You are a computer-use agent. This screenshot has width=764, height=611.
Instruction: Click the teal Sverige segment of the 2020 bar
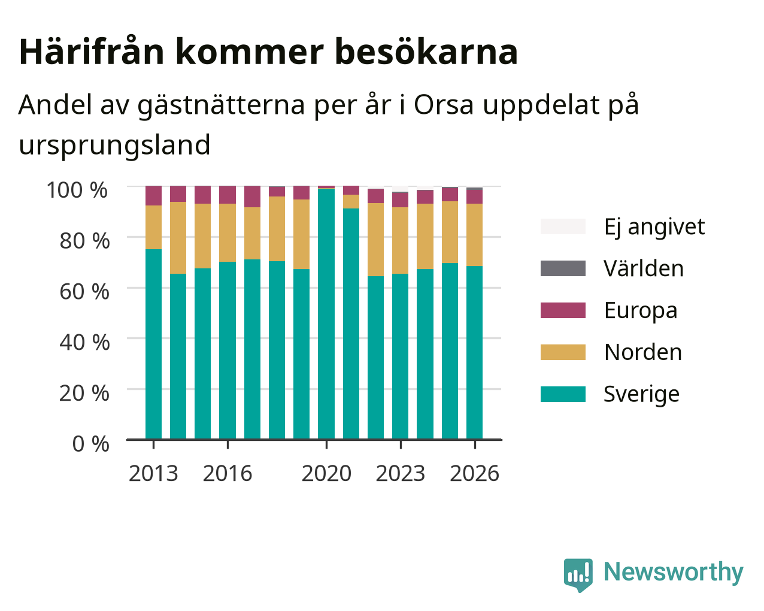tap(326, 314)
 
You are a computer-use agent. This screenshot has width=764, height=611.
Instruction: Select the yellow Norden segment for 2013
tap(153, 228)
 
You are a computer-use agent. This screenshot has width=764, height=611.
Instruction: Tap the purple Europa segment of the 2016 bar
tap(227, 195)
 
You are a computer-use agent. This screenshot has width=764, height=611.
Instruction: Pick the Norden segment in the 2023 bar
tap(400, 240)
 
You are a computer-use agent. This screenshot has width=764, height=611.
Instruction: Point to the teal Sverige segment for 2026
tap(474, 353)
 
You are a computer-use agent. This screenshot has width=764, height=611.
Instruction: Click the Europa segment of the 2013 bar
tap(153, 196)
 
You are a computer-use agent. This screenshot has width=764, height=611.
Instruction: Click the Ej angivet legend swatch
tap(563, 226)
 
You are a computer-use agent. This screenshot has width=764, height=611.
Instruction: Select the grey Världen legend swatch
tap(563, 268)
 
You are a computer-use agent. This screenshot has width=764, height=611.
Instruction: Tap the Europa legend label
tap(641, 311)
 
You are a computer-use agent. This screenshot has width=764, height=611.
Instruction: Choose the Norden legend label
tap(643, 352)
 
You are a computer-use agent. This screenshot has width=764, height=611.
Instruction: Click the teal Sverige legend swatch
tap(563, 394)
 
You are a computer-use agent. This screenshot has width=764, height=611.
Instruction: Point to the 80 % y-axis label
tap(84, 241)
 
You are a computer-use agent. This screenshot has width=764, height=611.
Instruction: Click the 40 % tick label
tap(84, 343)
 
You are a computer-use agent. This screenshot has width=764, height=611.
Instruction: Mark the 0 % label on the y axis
tap(90, 444)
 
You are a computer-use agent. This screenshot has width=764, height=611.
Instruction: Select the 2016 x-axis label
tap(227, 473)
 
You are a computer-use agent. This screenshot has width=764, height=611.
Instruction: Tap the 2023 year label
tap(400, 473)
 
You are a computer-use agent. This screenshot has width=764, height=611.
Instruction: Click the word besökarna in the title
tap(426, 52)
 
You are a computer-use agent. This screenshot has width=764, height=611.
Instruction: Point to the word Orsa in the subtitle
tap(444, 105)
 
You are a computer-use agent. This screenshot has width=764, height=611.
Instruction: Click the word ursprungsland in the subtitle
tap(114, 146)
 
